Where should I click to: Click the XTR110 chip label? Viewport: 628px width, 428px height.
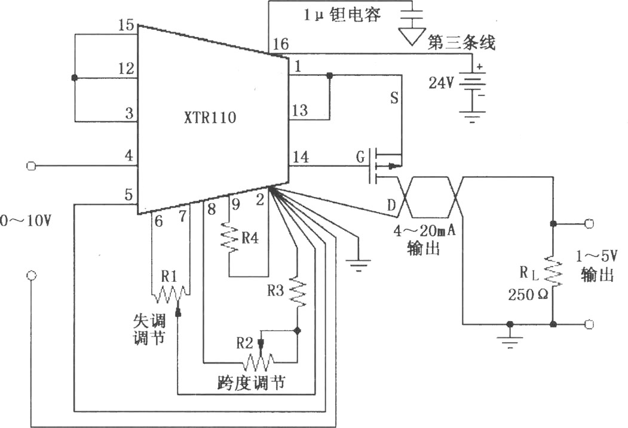(x=210, y=118)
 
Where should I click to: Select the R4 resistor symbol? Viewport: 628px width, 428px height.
(x=229, y=238)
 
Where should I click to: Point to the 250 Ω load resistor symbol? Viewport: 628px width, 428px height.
(x=553, y=272)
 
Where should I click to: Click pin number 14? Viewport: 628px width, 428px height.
(x=301, y=157)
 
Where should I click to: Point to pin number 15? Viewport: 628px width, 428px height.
(x=125, y=25)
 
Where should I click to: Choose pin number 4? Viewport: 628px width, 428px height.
(x=128, y=155)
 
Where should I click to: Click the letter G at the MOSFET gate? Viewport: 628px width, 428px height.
(x=360, y=157)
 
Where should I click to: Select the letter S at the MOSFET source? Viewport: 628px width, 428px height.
(x=394, y=98)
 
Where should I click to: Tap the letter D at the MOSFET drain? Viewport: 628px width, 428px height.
(x=391, y=205)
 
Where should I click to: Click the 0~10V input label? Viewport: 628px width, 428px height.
(x=26, y=220)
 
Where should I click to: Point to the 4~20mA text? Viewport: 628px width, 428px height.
(x=424, y=231)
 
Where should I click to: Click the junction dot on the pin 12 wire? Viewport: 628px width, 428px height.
(x=74, y=78)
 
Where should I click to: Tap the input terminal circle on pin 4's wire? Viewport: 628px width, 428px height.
(x=31, y=165)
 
